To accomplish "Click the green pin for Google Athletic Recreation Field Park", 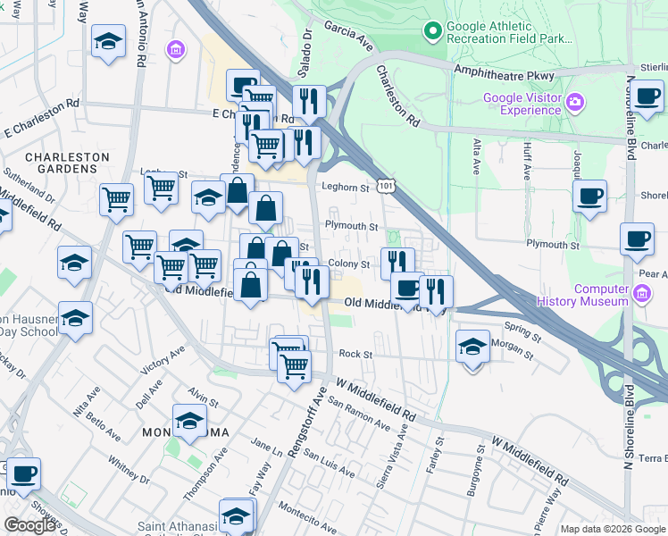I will tap(433, 32).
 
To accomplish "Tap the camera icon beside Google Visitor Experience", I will tap(574, 103).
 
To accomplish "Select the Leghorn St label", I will tap(346, 188).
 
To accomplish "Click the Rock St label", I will tap(355, 355).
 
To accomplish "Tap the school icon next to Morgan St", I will tap(472, 347).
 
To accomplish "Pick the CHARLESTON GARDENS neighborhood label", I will tap(67, 163).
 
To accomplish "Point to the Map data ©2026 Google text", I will tap(613, 529).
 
